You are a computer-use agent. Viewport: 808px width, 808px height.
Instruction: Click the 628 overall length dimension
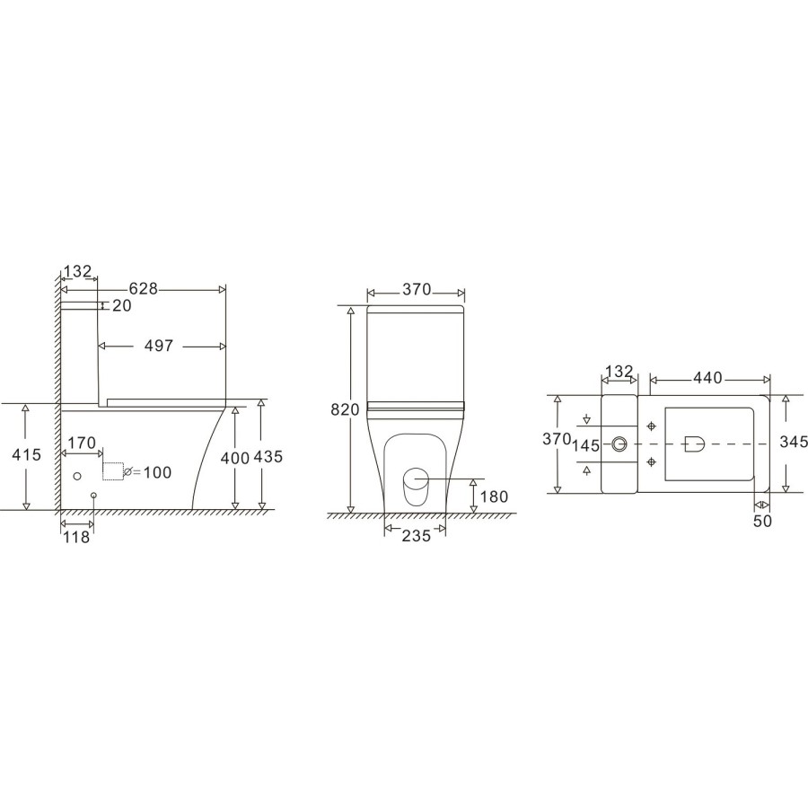point(144,288)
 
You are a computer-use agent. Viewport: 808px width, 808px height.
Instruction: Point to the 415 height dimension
point(27,455)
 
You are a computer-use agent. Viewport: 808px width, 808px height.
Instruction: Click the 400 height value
point(234,458)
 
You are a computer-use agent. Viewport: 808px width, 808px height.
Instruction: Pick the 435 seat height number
point(268,456)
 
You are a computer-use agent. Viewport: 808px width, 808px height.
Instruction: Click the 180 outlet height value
point(494,496)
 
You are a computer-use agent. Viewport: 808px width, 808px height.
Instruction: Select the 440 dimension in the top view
point(707,378)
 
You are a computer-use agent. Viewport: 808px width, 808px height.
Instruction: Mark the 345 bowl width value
point(794,443)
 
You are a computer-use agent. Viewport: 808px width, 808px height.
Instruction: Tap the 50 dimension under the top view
point(762,522)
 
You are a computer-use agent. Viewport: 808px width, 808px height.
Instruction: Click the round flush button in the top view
point(619,444)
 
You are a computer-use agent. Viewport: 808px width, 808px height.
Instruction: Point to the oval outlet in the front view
point(415,489)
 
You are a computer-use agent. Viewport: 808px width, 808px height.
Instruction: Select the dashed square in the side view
point(113,470)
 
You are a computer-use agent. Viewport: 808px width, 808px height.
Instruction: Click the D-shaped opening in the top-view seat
point(693,443)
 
